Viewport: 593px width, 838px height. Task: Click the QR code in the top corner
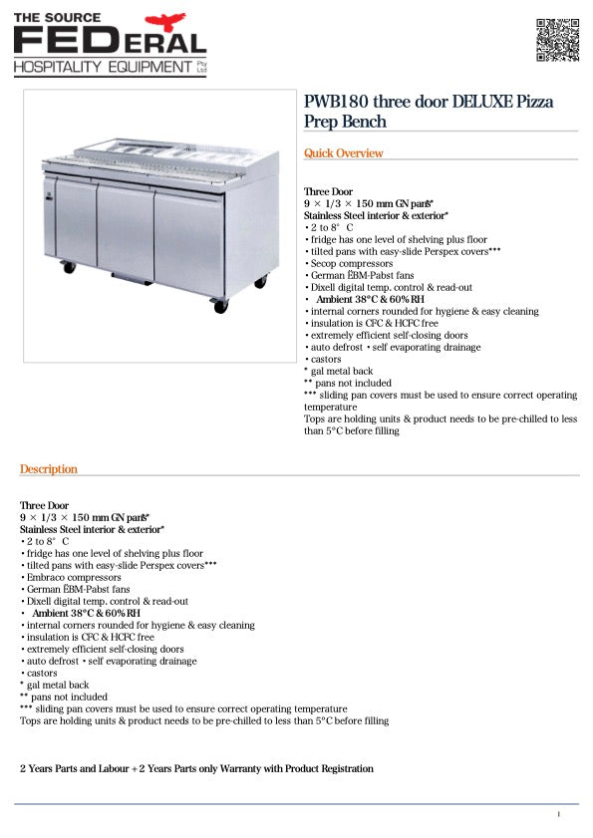557,40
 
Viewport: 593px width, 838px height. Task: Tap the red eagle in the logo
165,22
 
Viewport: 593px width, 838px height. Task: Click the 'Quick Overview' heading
343,153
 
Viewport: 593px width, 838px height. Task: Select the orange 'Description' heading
48,469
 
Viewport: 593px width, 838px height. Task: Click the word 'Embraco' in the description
43,577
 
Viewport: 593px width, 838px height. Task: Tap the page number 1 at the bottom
559,815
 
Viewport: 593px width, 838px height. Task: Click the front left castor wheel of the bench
69,267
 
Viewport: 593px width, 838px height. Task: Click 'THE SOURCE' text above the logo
53,18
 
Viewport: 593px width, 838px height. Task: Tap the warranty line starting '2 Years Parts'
196,769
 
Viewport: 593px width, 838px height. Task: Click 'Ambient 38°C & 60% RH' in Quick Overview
370,299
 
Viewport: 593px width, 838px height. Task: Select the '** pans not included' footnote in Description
64,697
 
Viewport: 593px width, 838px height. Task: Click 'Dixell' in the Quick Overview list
324,287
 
